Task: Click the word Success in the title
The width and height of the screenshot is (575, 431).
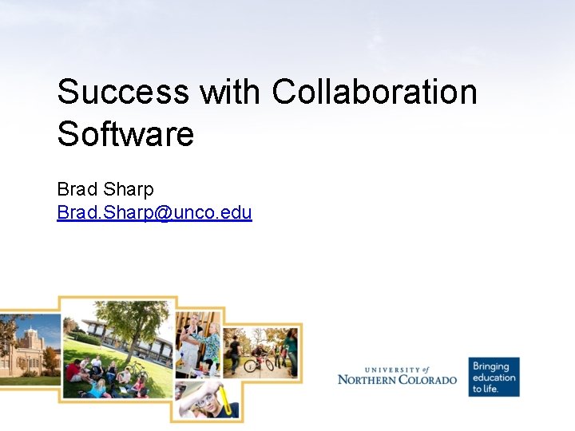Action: coord(122,92)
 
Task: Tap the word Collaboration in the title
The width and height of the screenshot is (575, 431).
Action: coord(374,92)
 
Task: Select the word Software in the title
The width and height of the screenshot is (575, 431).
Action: coord(125,133)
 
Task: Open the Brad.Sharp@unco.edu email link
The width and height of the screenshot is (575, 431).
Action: coord(154,212)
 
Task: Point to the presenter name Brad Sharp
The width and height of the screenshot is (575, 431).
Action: coord(105,190)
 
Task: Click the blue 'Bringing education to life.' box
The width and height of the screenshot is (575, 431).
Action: coord(494,377)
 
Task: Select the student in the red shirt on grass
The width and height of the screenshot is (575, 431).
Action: coord(73,370)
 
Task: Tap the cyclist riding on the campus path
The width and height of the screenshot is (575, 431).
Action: coord(260,355)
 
